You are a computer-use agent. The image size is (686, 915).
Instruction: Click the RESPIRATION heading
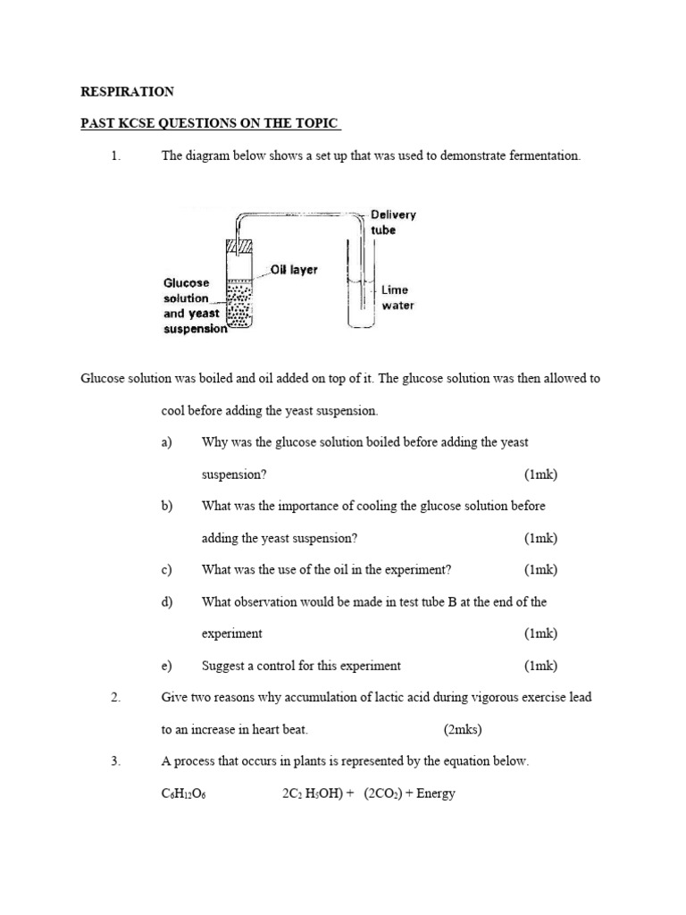pyautogui.click(x=128, y=91)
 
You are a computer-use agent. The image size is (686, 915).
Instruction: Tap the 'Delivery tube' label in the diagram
pyautogui.click(x=393, y=222)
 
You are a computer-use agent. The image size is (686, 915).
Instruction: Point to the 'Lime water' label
pyautogui.click(x=397, y=298)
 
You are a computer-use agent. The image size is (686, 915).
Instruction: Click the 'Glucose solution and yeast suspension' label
pyautogui.click(x=194, y=306)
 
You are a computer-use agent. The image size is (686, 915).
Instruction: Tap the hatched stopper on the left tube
pyautogui.click(x=236, y=247)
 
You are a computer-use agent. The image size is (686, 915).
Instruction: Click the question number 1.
pyautogui.click(x=115, y=155)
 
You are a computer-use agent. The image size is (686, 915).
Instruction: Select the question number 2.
pyautogui.click(x=115, y=698)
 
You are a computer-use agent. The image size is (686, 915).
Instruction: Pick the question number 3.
pyautogui.click(x=115, y=761)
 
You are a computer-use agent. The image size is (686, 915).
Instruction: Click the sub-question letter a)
pyautogui.click(x=166, y=442)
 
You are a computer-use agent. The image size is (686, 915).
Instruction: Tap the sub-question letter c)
pyautogui.click(x=166, y=570)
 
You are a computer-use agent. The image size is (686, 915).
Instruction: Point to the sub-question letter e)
pyautogui.click(x=166, y=666)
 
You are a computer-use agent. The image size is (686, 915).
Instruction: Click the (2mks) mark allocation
pyautogui.click(x=462, y=730)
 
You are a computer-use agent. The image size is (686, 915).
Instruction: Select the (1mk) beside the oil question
pyautogui.click(x=540, y=570)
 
